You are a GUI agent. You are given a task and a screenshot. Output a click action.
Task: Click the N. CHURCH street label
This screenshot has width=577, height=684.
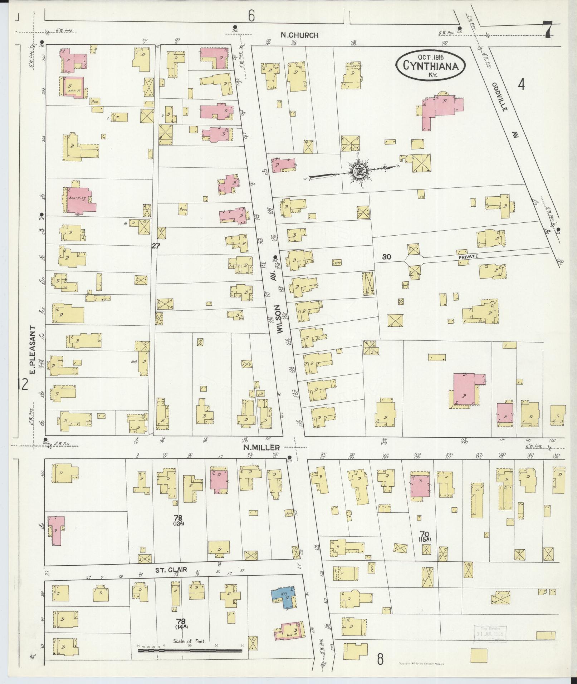(x=299, y=35)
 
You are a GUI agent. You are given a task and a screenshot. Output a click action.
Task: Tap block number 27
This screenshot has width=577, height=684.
(x=156, y=246)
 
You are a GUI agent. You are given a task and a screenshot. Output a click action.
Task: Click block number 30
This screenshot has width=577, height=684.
(x=386, y=256)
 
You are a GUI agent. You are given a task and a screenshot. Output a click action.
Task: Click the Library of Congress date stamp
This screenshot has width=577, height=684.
(x=489, y=634)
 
